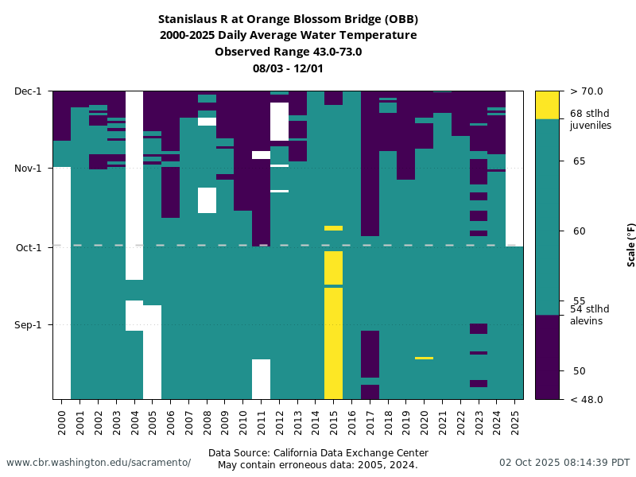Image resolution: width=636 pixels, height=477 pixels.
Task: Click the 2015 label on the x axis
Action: tap(334, 417)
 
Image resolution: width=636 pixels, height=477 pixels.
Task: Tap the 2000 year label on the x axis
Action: tap(62, 417)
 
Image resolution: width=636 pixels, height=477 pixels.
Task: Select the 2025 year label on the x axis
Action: tap(515, 417)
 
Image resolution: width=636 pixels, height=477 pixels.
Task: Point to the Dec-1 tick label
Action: tap(29, 91)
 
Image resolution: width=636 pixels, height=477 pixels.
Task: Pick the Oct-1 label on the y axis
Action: tap(29, 247)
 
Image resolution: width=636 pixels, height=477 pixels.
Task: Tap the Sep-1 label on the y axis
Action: tap(29, 324)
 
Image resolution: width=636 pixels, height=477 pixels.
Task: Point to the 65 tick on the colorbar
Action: tap(579, 161)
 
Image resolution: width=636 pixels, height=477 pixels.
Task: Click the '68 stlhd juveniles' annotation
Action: tap(591, 119)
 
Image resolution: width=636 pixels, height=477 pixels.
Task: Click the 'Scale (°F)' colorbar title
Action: tap(631, 245)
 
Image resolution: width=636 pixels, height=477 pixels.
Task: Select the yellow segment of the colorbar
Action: tap(547, 105)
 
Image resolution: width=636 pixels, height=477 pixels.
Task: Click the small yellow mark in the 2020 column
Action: tap(425, 358)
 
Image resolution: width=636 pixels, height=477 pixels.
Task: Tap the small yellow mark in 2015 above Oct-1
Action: tap(333, 228)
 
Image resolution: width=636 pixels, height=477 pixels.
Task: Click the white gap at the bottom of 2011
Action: tap(261, 378)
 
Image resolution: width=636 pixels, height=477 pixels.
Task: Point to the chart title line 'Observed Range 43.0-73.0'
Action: tap(288, 52)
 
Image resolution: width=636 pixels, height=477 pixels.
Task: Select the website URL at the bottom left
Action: tap(99, 463)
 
